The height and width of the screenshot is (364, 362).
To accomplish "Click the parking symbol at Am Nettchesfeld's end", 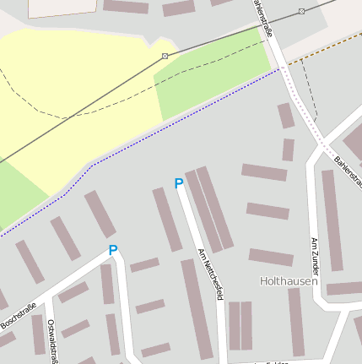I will (178, 183).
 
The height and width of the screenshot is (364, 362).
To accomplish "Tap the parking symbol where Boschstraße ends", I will (112, 250).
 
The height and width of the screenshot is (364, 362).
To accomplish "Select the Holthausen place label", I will (289, 280).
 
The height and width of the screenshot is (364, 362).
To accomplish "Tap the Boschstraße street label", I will (18, 315).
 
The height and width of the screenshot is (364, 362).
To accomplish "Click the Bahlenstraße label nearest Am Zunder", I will (347, 161).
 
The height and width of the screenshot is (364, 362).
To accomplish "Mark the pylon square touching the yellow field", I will (165, 56).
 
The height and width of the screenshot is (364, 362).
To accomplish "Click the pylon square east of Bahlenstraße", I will (301, 11).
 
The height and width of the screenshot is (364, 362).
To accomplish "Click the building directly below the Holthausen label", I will (295, 321).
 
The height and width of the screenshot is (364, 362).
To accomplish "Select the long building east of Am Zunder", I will (332, 220).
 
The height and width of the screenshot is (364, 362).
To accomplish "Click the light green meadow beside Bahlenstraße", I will (211, 76).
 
